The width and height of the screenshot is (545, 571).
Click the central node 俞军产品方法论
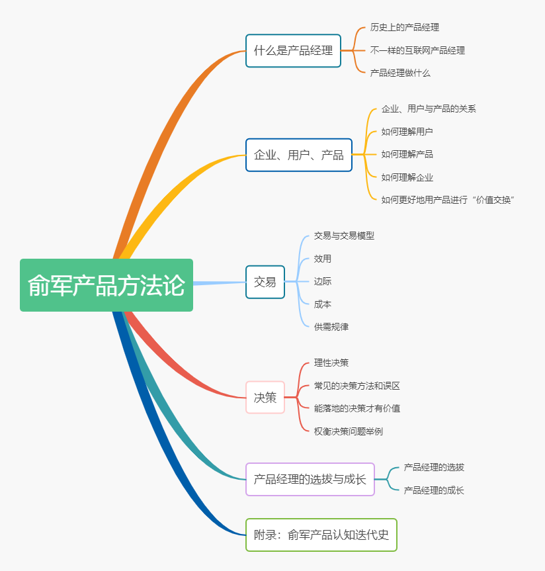tap(106, 285)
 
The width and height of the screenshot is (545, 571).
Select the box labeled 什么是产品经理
tap(293, 51)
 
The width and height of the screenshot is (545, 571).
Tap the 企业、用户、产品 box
tap(298, 155)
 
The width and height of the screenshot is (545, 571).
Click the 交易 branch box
tap(265, 282)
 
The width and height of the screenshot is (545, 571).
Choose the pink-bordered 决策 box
tap(265, 398)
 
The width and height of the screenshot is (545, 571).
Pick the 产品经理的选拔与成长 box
tap(310, 479)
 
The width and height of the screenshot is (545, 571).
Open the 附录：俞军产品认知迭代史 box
tap(321, 535)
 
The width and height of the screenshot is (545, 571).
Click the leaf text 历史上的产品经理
tap(404, 28)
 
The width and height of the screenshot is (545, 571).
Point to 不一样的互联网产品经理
tap(417, 50)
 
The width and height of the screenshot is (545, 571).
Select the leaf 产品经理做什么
tap(400, 73)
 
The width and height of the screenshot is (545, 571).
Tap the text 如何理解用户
tap(407, 132)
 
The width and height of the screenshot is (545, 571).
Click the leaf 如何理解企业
tap(407, 177)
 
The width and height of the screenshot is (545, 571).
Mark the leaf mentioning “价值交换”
tap(448, 200)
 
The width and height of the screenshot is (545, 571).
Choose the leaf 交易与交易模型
tap(344, 236)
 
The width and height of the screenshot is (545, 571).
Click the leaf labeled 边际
tap(323, 281)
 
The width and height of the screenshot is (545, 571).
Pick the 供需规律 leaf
tap(331, 327)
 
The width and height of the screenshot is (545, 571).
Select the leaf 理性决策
tap(331, 363)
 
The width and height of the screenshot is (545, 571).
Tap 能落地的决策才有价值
tap(356, 408)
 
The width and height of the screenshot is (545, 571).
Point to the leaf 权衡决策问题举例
tap(348, 431)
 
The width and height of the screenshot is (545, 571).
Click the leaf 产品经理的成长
tap(434, 490)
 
